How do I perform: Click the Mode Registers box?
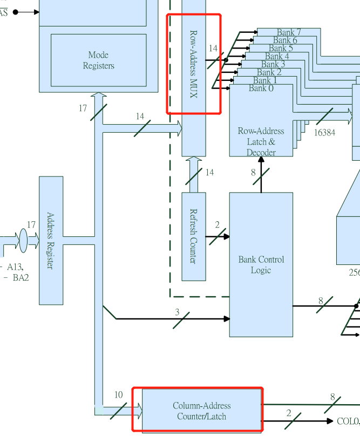[x=98, y=60]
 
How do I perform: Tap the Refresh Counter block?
[x=193, y=236]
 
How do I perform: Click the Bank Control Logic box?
[x=261, y=264]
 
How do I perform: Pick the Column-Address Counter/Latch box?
[x=201, y=411]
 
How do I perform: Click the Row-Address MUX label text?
[x=193, y=64]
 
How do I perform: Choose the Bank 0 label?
[x=261, y=88]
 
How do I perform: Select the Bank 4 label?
[x=276, y=56]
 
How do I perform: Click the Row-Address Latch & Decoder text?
[x=261, y=141]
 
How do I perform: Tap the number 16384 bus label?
[x=324, y=132]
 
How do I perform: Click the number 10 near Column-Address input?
[x=118, y=395]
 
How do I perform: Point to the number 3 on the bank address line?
[x=177, y=312]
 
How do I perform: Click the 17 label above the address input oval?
[x=31, y=224]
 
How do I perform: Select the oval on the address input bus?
[x=23, y=240]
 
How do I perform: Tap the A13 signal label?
[x=15, y=267]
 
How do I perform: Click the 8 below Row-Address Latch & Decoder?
[x=253, y=173]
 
